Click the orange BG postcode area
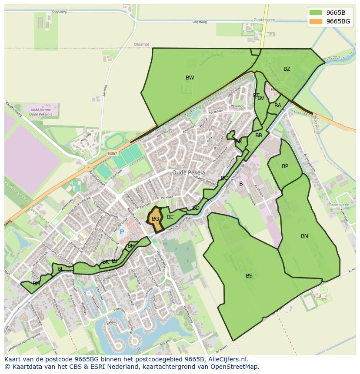point(155,219)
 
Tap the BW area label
point(190,78)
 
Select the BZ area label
point(287,69)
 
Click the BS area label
point(249,276)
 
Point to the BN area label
point(304,236)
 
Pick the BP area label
point(285,166)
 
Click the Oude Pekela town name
point(188,172)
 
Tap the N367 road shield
point(113,153)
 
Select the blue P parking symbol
point(122,232)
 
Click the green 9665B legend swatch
point(316,13)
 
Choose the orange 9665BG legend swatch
point(316,21)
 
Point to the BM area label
point(37,284)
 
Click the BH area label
point(131,246)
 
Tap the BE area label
point(170,217)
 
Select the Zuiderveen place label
point(265,20)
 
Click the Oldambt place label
point(142,44)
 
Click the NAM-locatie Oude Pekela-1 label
point(41,113)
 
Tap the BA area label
point(278,106)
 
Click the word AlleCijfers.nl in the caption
point(226,359)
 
